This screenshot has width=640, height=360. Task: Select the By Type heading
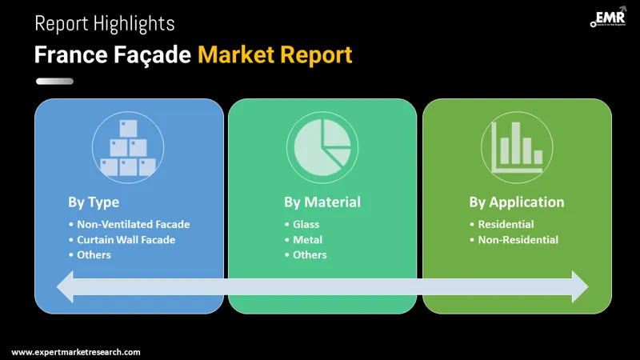[x=94, y=202]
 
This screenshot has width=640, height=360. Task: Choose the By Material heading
[x=322, y=202]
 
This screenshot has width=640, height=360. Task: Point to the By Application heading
[x=516, y=202]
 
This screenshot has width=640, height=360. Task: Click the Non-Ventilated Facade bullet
[x=134, y=224]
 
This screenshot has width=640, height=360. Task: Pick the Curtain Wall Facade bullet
[x=126, y=239]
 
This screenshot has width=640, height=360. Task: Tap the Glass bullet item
[x=306, y=224]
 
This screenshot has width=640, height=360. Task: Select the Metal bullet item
[x=307, y=239]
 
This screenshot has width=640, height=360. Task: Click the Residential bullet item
[x=506, y=224]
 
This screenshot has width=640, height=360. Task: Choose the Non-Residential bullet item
[x=518, y=239]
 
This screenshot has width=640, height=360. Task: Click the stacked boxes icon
[x=128, y=147]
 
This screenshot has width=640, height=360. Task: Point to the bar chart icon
[x=517, y=147]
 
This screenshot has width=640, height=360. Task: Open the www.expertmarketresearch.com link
[x=76, y=351]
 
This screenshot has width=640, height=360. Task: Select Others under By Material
[x=310, y=254]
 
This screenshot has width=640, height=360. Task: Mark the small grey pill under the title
[x=54, y=81]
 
